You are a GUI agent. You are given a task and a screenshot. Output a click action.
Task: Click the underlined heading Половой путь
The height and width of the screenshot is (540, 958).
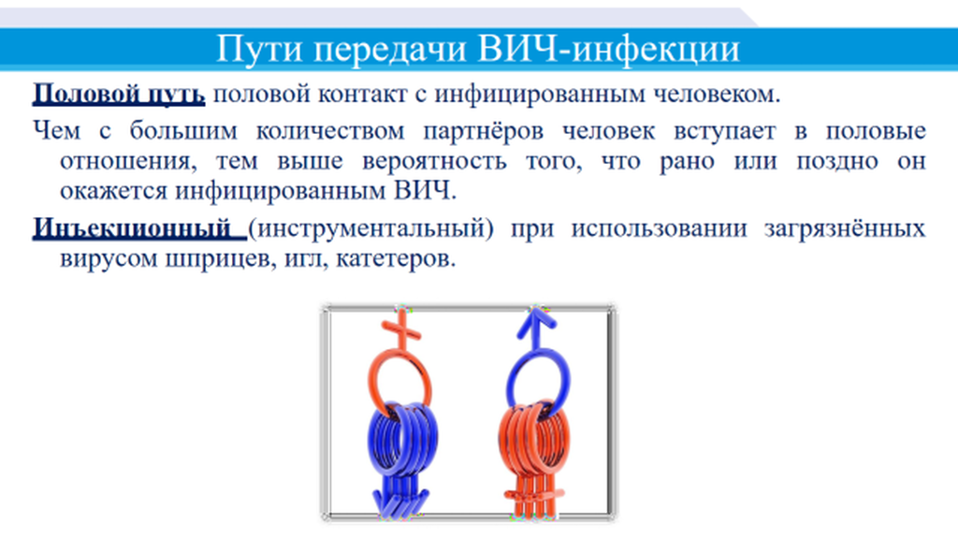pyautogui.click(x=119, y=95)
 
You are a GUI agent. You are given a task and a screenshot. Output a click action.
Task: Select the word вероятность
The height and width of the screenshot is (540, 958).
pyautogui.click(x=434, y=162)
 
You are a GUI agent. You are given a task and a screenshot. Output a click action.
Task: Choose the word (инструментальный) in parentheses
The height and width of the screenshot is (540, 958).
pyautogui.click(x=370, y=229)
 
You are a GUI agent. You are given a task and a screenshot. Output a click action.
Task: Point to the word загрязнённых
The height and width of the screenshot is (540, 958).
pyautogui.click(x=845, y=229)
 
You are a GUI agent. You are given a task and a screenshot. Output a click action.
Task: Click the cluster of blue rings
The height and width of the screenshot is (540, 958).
pyautogui.click(x=402, y=439)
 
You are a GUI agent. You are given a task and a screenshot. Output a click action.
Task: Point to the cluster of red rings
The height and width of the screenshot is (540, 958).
pyautogui.click(x=534, y=439)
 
